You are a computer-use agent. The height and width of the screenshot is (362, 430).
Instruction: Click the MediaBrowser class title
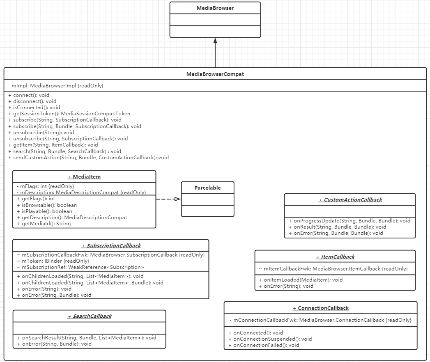click(x=215, y=8)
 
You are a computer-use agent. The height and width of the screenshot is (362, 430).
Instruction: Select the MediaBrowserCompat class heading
click(x=215, y=74)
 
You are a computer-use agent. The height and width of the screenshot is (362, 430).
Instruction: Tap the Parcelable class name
click(x=207, y=188)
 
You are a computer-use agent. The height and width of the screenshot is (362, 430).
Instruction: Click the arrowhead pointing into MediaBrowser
click(x=215, y=41)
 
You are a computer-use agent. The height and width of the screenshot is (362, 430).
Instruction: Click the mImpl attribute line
click(x=55, y=86)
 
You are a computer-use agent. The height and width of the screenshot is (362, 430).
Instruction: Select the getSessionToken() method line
click(x=69, y=114)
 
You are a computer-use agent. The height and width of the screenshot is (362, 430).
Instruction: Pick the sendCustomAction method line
click(x=88, y=157)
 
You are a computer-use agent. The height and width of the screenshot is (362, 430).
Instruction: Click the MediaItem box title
click(x=84, y=176)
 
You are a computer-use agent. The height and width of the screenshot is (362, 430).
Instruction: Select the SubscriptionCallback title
click(x=111, y=245)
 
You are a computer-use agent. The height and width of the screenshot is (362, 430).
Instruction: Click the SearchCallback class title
click(x=90, y=316)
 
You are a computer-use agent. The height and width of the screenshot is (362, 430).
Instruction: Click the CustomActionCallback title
click(x=350, y=199)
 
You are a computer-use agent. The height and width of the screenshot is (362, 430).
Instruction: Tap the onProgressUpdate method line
click(x=349, y=220)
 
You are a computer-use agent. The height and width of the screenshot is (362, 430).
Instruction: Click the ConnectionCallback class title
click(x=320, y=308)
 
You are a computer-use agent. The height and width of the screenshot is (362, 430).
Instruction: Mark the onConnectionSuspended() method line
click(x=270, y=339)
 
